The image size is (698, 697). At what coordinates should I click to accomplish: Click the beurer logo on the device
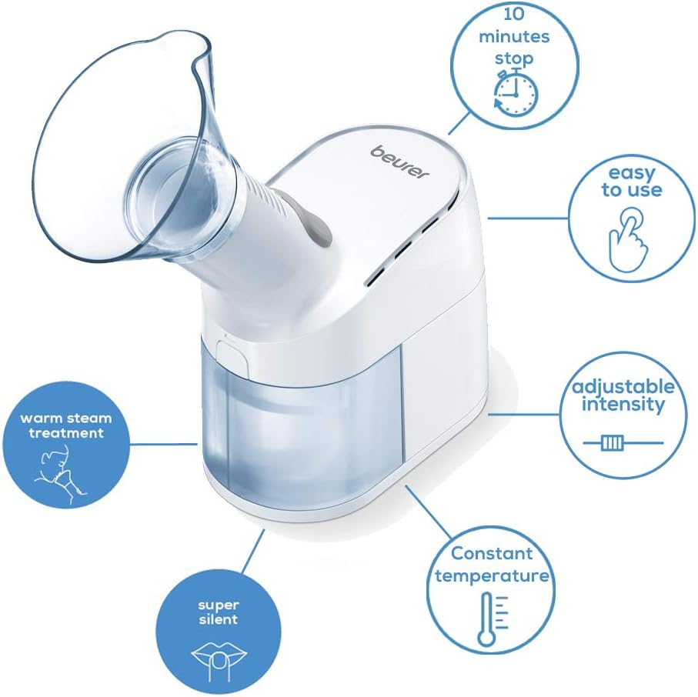click(x=399, y=162)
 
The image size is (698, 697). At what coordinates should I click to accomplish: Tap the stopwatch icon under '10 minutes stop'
click(x=516, y=92)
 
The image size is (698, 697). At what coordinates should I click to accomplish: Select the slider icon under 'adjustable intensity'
click(x=623, y=443)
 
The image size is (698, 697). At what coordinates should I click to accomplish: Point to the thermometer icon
click(x=492, y=619)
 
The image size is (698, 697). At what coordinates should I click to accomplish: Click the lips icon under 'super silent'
click(x=218, y=656)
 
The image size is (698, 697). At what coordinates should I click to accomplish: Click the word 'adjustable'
click(x=623, y=386)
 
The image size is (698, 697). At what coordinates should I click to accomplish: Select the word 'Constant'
click(x=492, y=553)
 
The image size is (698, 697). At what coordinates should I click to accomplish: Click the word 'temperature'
click(x=493, y=576)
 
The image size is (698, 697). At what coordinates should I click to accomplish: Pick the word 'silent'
click(x=218, y=619)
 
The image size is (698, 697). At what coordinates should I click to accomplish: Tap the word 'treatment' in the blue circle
click(x=66, y=432)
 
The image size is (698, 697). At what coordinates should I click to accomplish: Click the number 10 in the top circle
click(x=514, y=15)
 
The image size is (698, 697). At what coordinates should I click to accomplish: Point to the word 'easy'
click(x=631, y=173)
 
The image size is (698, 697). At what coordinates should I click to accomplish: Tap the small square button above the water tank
click(x=232, y=356)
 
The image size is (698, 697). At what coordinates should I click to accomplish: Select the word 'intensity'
click(x=623, y=405)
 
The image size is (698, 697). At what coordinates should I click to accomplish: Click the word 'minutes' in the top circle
click(x=514, y=36)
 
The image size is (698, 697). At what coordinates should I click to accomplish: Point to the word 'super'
click(x=219, y=605)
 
